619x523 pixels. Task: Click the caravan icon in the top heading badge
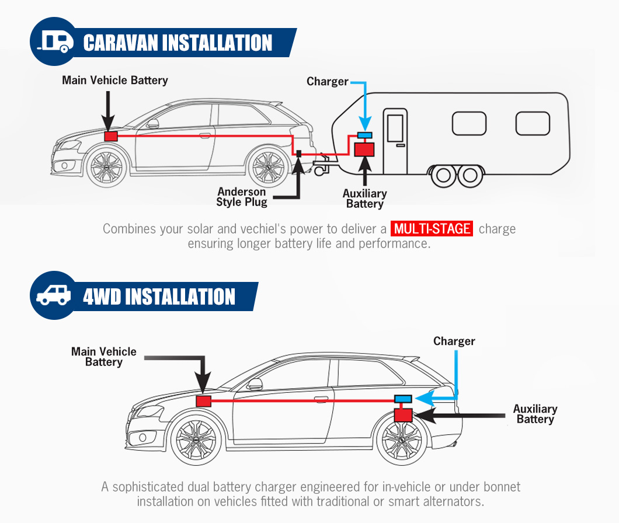(x=55, y=42)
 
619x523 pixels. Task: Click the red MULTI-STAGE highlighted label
(x=432, y=229)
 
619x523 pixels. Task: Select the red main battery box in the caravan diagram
(x=111, y=137)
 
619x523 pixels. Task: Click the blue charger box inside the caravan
(x=365, y=135)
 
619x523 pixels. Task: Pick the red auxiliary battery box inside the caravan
(x=364, y=149)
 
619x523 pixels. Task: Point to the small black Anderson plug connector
(x=299, y=153)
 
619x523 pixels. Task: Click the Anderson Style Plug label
(x=242, y=197)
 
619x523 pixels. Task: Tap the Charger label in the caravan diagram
(x=327, y=81)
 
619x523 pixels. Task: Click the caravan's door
(x=395, y=141)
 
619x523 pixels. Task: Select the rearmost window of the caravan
(x=533, y=124)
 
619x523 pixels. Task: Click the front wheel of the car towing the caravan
(x=106, y=166)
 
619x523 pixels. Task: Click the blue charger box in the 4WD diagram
(x=403, y=399)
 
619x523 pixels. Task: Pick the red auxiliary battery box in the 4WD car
(x=403, y=415)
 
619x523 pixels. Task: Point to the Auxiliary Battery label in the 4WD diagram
(x=535, y=414)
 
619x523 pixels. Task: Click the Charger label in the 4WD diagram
(x=454, y=341)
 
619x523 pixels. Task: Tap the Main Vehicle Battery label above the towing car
(x=115, y=80)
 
